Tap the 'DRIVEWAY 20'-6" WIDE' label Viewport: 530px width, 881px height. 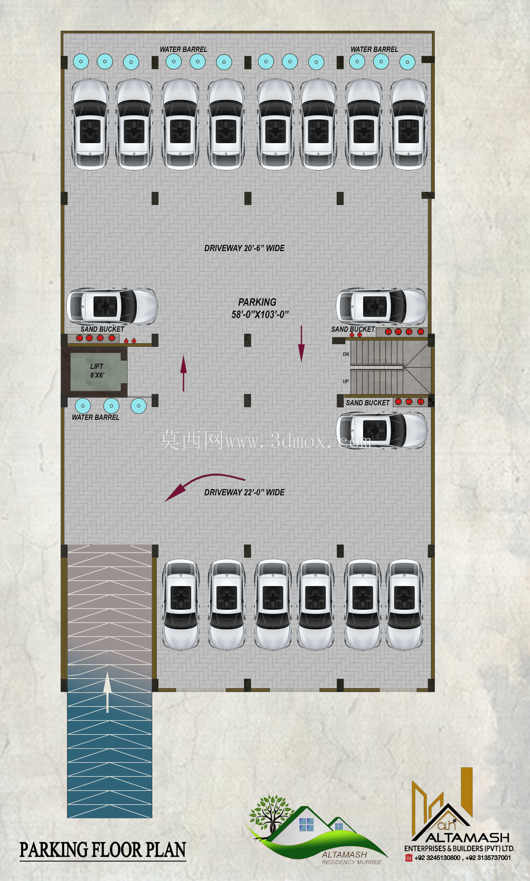point(244,248)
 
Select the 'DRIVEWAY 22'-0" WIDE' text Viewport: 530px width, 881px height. point(244,492)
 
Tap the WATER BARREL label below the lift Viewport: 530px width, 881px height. point(95,417)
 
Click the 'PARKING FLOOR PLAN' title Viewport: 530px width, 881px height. point(102,850)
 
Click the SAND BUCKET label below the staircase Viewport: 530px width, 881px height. point(368,403)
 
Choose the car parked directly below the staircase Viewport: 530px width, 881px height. point(381,430)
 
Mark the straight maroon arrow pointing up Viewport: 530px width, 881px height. point(184,373)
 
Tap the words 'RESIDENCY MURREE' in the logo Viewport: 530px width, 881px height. point(351,862)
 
